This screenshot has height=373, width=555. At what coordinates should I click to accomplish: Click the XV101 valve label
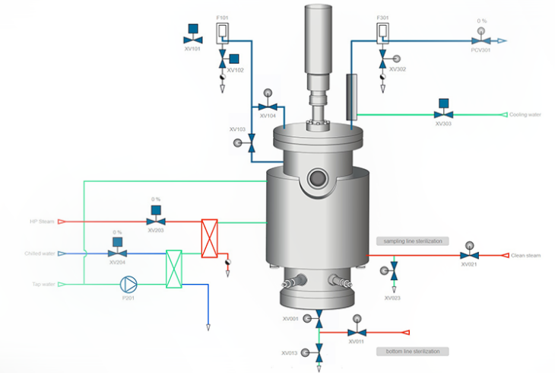click(x=192, y=49)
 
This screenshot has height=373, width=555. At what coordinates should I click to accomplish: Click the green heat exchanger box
click(x=176, y=269)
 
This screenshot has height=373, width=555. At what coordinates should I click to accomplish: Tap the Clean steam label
click(x=525, y=255)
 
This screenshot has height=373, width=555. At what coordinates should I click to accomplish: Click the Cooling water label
click(x=525, y=115)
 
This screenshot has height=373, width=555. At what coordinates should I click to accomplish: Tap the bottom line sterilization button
click(x=412, y=351)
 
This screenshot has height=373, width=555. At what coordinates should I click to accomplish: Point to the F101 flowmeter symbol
click(x=223, y=32)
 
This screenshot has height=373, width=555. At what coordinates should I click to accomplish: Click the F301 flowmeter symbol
click(x=382, y=32)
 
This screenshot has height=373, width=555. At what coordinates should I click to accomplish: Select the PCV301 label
click(x=480, y=49)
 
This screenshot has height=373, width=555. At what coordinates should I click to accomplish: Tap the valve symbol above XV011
click(x=355, y=332)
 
